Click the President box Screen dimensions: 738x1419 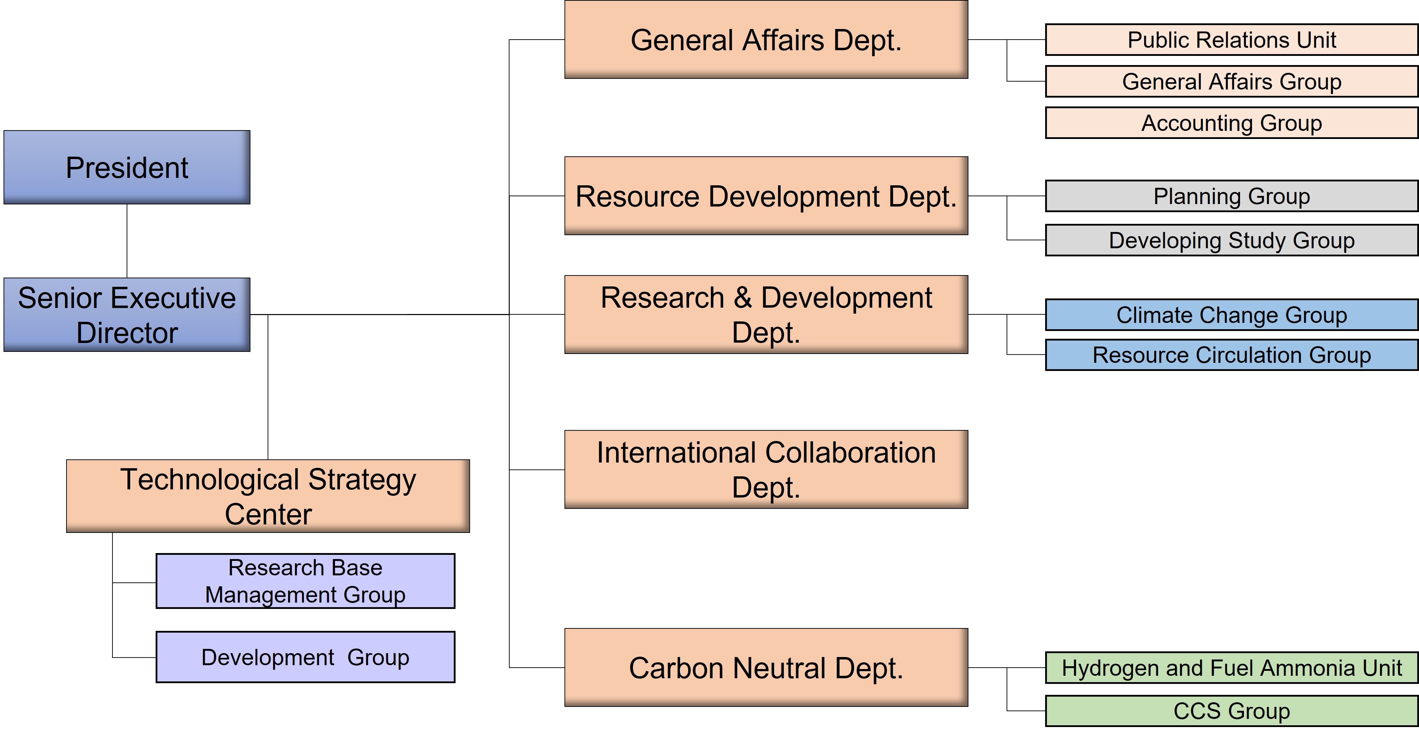[x=127, y=167]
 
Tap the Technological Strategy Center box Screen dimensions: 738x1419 [x=268, y=496]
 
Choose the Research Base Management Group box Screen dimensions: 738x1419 [x=305, y=581]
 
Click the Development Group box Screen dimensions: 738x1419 [x=305, y=657]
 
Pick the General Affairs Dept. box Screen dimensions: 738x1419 [x=766, y=40]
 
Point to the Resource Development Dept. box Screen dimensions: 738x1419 [x=766, y=196]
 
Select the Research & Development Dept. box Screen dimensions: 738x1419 [x=766, y=314]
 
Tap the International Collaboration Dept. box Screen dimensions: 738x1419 [x=766, y=469]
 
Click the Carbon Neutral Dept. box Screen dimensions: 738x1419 [x=766, y=668]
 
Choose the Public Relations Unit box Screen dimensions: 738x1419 [x=1231, y=40]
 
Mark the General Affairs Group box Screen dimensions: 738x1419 [x=1231, y=82]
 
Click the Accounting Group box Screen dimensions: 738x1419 [x=1231, y=123]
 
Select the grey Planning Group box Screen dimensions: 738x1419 [x=1231, y=196]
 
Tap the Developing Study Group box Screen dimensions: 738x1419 [x=1231, y=240]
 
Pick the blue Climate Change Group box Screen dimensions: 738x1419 [x=1231, y=315]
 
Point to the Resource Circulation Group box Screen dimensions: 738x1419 [x=1231, y=355]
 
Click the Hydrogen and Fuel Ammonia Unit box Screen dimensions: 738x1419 [x=1231, y=668]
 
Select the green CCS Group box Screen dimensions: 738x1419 [x=1231, y=711]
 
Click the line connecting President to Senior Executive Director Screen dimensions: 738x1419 [x=127, y=241]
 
